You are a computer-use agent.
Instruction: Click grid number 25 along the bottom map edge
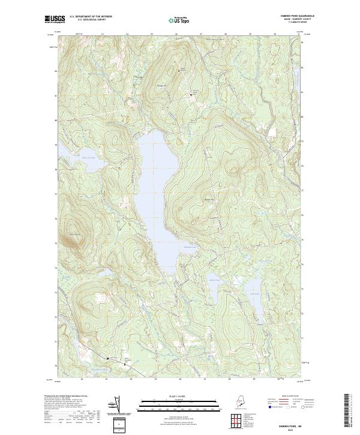(x=155, y=379)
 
